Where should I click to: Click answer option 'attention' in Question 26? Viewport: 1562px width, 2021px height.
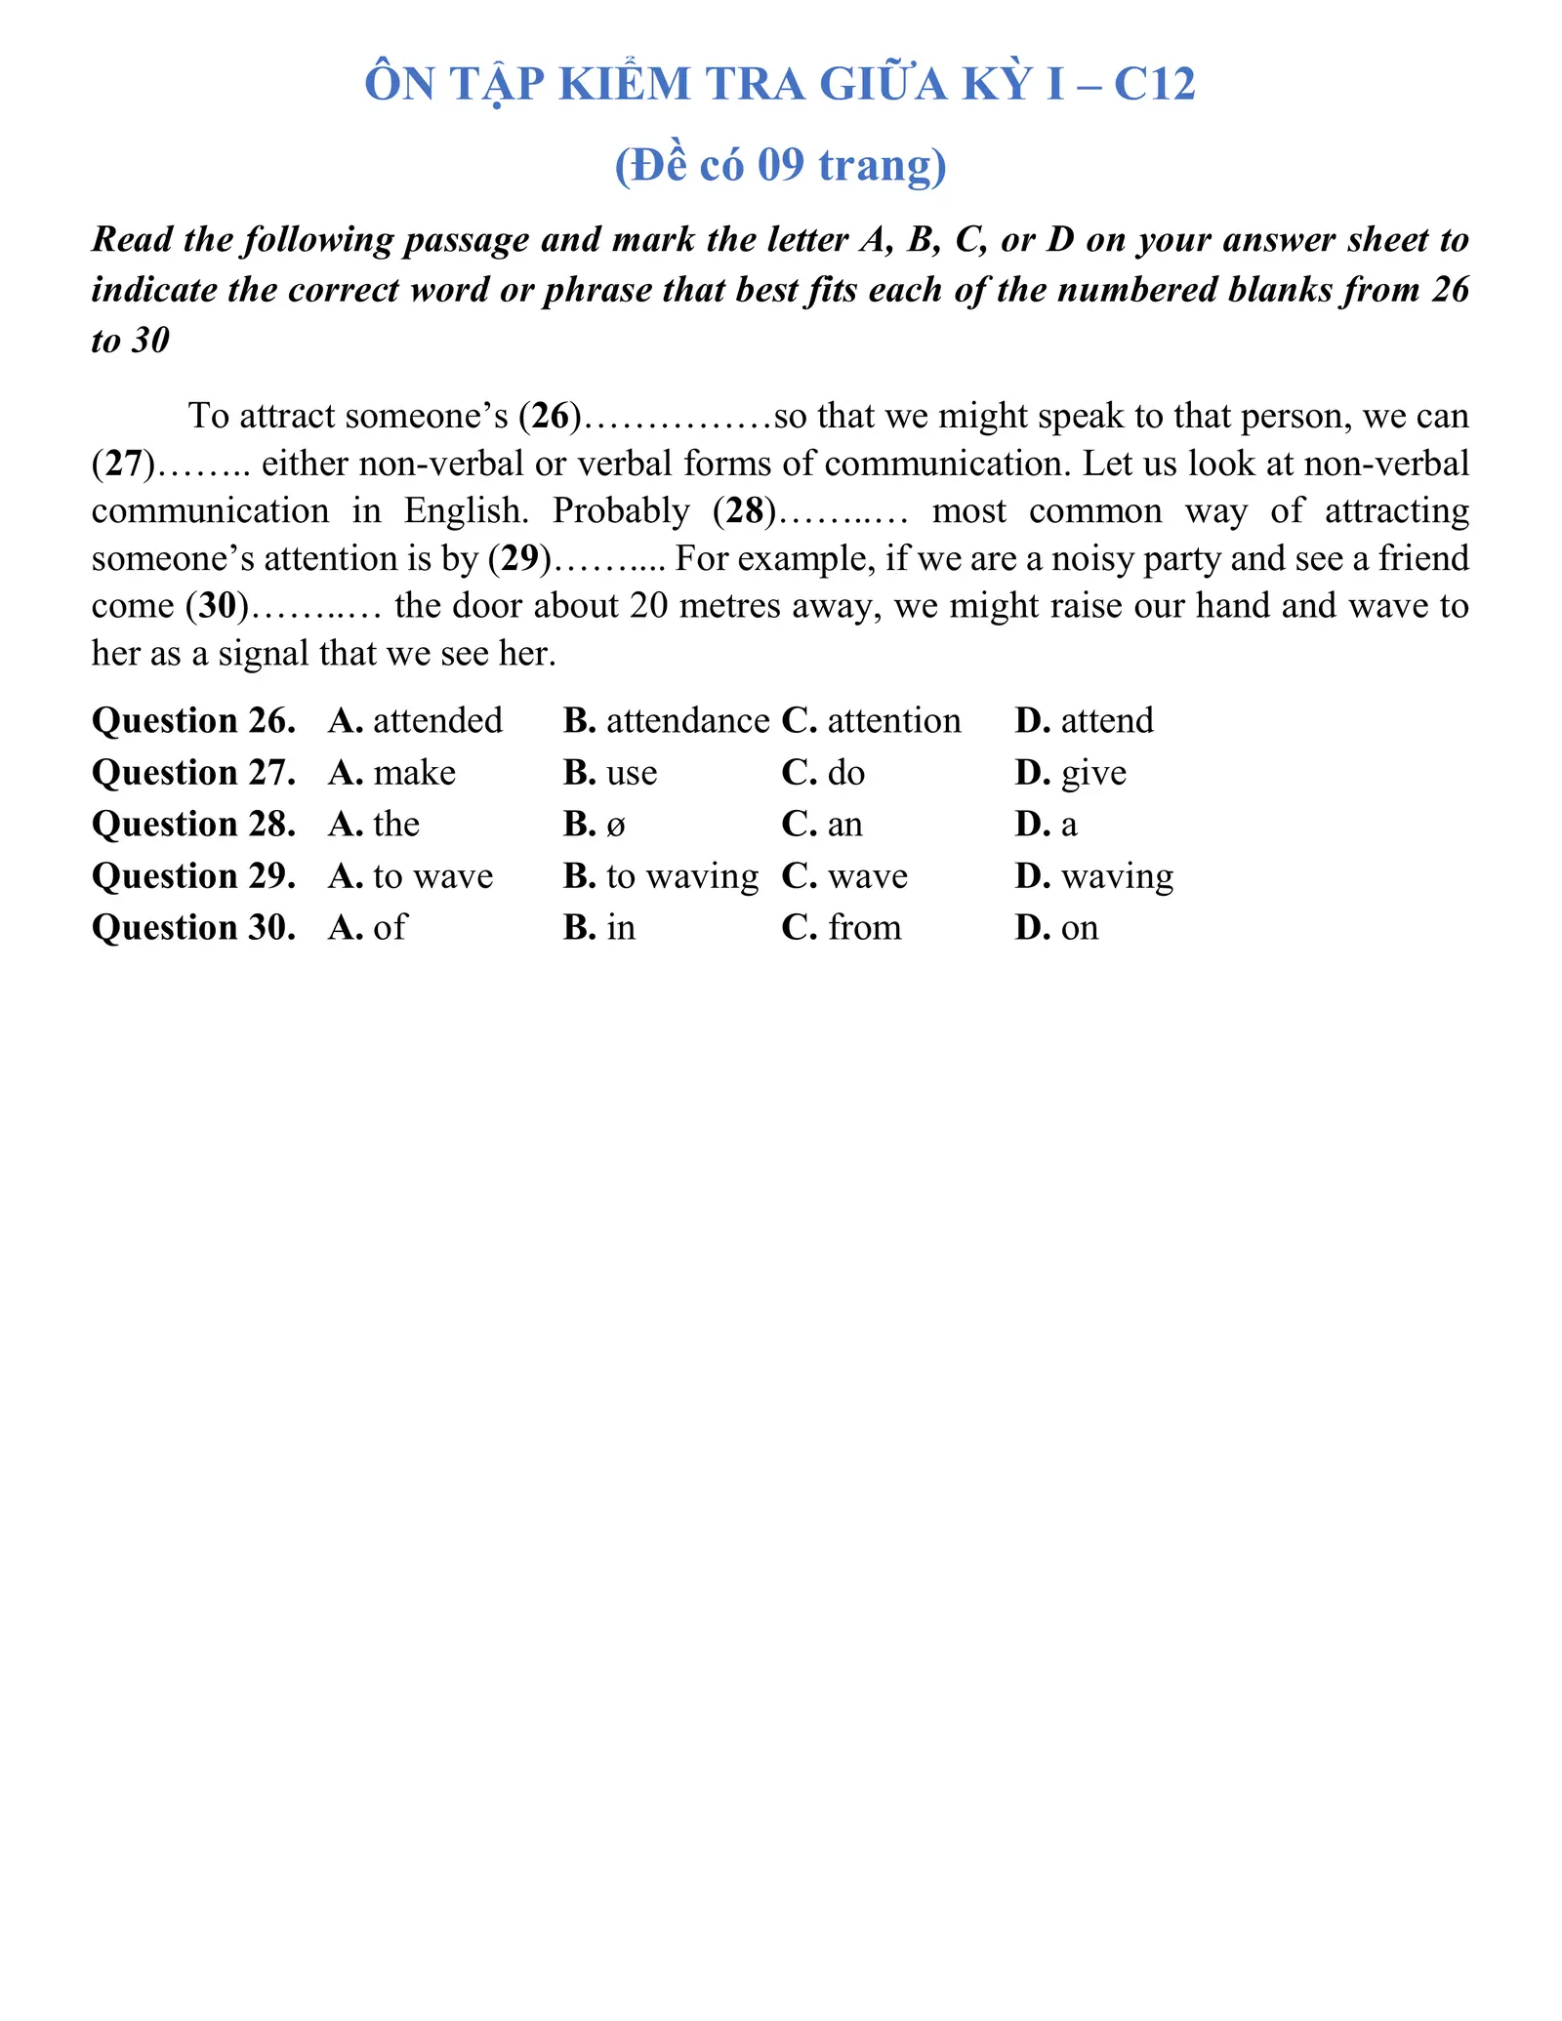[893, 721]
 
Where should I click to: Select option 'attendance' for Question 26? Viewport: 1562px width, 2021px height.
[686, 721]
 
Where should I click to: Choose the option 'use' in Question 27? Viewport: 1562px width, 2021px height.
[631, 773]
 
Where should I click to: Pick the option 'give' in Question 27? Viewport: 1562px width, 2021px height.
[1092, 773]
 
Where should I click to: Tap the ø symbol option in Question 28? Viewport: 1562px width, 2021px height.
[615, 826]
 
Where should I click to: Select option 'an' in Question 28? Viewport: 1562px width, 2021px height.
[844, 825]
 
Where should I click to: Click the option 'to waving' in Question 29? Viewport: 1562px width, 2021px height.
[681, 876]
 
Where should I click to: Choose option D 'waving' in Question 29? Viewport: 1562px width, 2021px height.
[1116, 876]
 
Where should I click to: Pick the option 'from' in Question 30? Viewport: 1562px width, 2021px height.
[864, 927]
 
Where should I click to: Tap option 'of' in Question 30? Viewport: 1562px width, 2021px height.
[389, 927]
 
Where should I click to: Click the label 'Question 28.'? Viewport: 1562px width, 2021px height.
[193, 825]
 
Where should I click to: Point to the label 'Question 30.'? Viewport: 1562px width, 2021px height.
[193, 927]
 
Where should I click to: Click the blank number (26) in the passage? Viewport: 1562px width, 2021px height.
[550, 417]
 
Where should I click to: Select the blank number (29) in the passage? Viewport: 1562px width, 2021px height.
[519, 559]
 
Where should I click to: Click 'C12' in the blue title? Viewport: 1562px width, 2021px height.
[1153, 85]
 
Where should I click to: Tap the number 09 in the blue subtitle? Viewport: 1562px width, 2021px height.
[780, 165]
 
